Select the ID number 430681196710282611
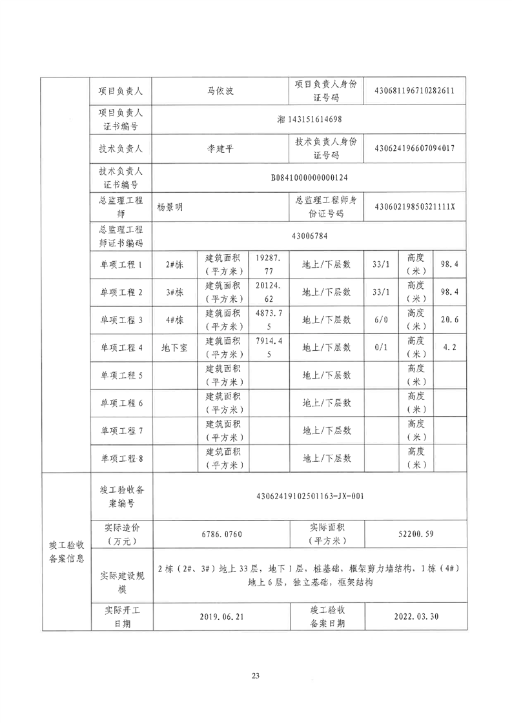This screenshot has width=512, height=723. (x=415, y=91)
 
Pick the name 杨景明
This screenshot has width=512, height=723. (x=170, y=208)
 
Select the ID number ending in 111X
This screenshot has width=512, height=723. (x=415, y=208)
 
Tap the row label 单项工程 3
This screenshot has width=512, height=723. (x=121, y=319)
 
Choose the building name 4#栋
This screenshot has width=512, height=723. (x=174, y=319)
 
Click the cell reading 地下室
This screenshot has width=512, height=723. (x=174, y=347)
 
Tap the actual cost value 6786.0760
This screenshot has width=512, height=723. (x=222, y=534)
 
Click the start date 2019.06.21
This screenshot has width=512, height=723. (x=222, y=617)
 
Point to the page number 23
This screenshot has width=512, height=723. (x=256, y=675)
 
